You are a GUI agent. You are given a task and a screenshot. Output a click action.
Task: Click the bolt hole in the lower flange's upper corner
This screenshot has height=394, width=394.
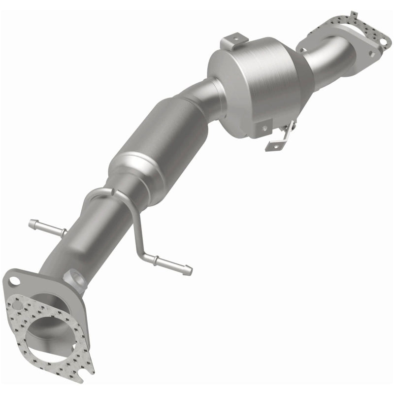pyautogui.click(x=13, y=281)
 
